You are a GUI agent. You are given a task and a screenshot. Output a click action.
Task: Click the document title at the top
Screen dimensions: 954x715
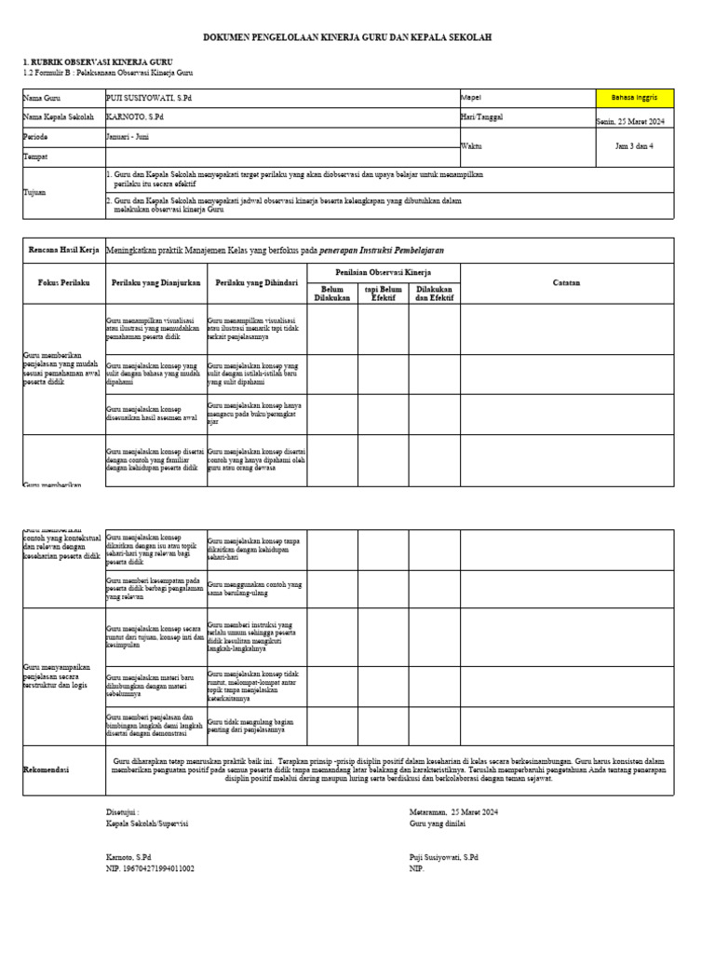tap(347, 37)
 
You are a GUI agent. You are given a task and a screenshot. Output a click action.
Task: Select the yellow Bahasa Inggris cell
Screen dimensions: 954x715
tap(634, 98)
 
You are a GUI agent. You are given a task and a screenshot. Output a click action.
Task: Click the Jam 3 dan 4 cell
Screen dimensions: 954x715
tap(634, 146)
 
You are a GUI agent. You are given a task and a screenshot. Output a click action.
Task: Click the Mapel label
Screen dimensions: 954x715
tap(470, 98)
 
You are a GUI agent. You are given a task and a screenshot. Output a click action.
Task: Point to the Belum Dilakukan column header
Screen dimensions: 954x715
tap(332, 293)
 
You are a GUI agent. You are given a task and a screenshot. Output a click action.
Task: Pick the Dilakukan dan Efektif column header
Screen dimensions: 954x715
tap(434, 293)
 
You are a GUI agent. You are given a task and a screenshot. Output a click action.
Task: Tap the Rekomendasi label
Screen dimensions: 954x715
tap(47, 770)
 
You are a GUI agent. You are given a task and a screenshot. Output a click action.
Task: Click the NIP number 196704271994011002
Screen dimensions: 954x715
tap(151, 868)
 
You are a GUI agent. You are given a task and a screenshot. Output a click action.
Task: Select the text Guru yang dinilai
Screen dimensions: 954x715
tap(437, 824)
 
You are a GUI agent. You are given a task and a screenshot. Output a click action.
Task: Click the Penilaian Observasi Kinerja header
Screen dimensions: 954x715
tap(383, 271)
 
